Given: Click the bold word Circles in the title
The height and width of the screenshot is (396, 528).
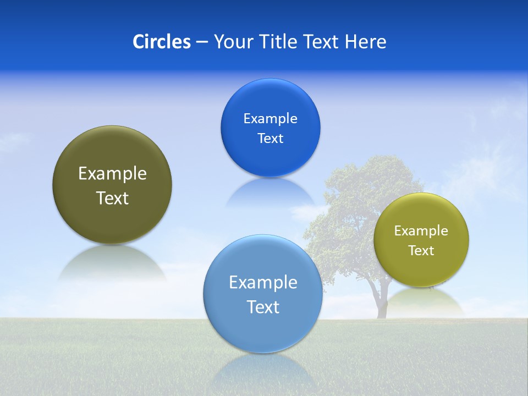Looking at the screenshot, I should click(161, 42).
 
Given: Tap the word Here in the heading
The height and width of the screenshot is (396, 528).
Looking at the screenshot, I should click(365, 42).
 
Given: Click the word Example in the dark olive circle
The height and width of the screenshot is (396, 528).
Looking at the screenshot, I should click(112, 174).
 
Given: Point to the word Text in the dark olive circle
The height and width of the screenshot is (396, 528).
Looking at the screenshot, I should click(112, 198).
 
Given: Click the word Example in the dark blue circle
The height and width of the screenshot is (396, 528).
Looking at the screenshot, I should click(270, 119).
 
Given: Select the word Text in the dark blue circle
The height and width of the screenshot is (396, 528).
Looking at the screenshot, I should click(270, 139).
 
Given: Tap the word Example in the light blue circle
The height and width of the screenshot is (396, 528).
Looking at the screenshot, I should click(263, 283).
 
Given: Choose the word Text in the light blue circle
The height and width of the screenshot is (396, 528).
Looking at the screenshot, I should click(263, 307).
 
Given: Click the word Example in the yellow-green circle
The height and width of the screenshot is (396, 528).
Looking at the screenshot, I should click(421, 231).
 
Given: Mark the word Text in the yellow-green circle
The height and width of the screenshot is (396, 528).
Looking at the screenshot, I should click(421, 251).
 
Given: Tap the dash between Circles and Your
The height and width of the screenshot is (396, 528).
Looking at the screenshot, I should click(201, 42).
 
